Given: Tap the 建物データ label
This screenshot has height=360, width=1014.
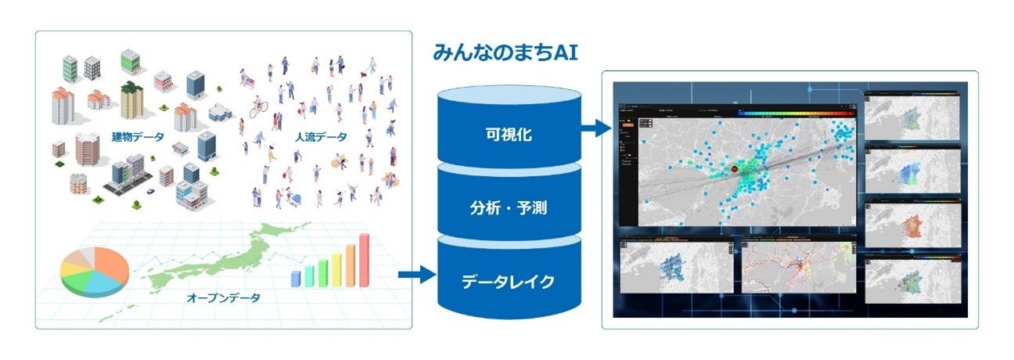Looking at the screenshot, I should [x=138, y=138].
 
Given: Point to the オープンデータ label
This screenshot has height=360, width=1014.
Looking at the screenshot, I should [x=224, y=297].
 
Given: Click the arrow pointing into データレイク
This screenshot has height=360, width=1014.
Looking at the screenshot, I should [x=415, y=275].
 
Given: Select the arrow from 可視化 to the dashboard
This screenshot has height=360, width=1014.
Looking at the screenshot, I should [x=595, y=128].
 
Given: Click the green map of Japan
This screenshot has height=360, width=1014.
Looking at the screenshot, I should [x=235, y=250].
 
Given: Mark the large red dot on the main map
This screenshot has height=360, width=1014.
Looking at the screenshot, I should [x=734, y=169].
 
